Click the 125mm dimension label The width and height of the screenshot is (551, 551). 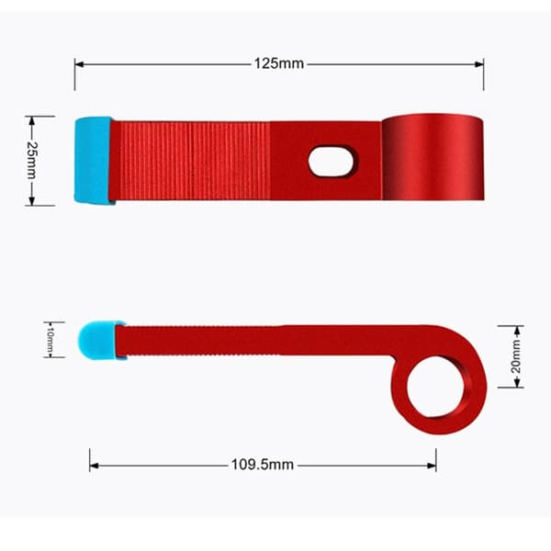278,63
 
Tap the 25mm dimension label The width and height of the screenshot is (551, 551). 32,160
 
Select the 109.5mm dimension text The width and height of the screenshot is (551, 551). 263,465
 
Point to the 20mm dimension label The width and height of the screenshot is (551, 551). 516,356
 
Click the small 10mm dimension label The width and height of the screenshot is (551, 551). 50,340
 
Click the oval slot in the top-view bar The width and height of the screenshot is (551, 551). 332,162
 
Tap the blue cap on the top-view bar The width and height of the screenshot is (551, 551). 93,161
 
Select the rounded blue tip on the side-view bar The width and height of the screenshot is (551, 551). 99,340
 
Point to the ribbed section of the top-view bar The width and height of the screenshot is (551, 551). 194,161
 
